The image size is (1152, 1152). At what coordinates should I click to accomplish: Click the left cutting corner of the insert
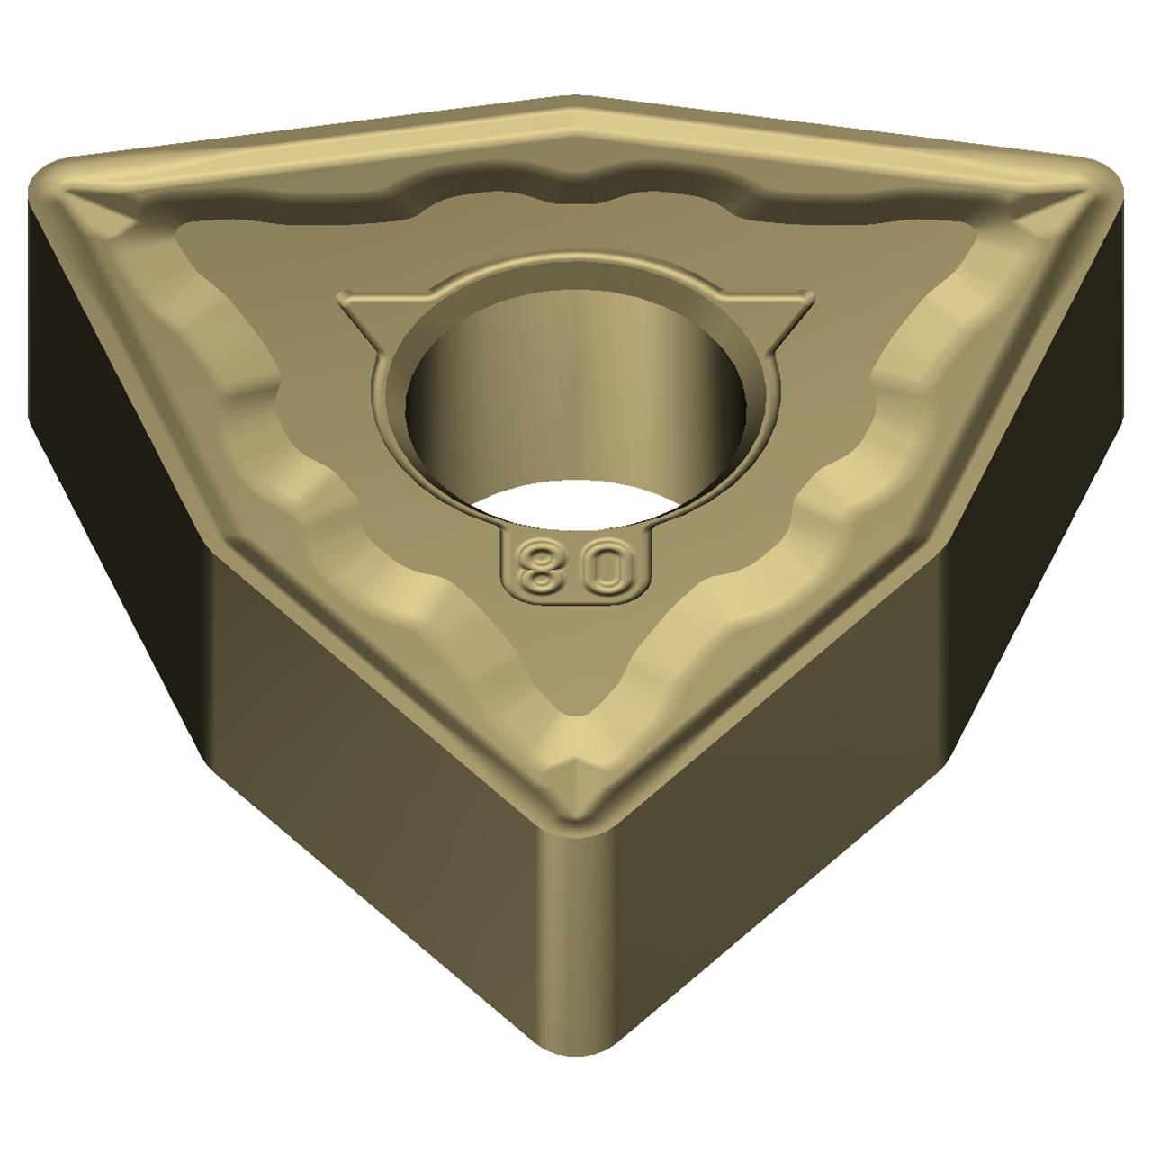[57, 183]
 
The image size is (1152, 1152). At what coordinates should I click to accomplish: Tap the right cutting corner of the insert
[1095, 183]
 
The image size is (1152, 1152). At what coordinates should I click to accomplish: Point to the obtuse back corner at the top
[574, 103]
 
